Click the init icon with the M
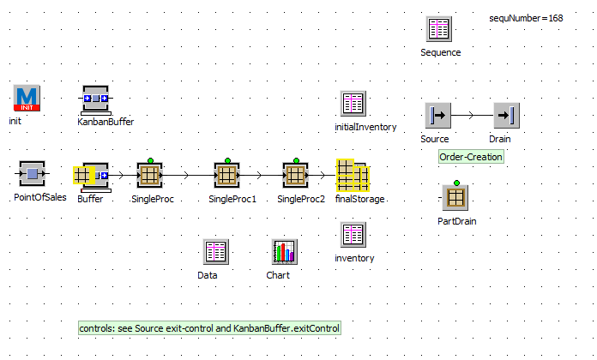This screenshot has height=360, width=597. pyautogui.click(x=27, y=98)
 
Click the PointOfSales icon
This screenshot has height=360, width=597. pyautogui.click(x=32, y=175)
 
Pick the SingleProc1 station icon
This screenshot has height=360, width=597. pyautogui.click(x=227, y=175)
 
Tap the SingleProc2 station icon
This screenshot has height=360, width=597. pyautogui.click(x=295, y=175)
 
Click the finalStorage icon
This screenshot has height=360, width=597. pyautogui.click(x=353, y=176)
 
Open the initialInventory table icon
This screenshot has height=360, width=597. pyautogui.click(x=353, y=105)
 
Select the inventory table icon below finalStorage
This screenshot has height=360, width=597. pyautogui.click(x=353, y=235)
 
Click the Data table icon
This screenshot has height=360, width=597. pyautogui.click(x=215, y=252)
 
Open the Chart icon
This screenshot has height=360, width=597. pyautogui.click(x=284, y=252)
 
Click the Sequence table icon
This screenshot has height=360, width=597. pyautogui.click(x=440, y=29)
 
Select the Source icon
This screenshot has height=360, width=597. pyautogui.click(x=437, y=115)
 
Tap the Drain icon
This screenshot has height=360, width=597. pyautogui.click(x=506, y=115)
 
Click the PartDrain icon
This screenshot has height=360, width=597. pyautogui.click(x=455, y=197)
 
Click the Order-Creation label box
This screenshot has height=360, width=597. pyautogui.click(x=471, y=157)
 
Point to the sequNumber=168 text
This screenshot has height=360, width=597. pyautogui.click(x=526, y=18)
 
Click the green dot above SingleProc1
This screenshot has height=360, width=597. pyautogui.click(x=227, y=159)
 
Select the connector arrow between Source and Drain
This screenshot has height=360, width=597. pyautogui.click(x=472, y=115)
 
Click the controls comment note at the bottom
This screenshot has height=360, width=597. pyautogui.click(x=209, y=328)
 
